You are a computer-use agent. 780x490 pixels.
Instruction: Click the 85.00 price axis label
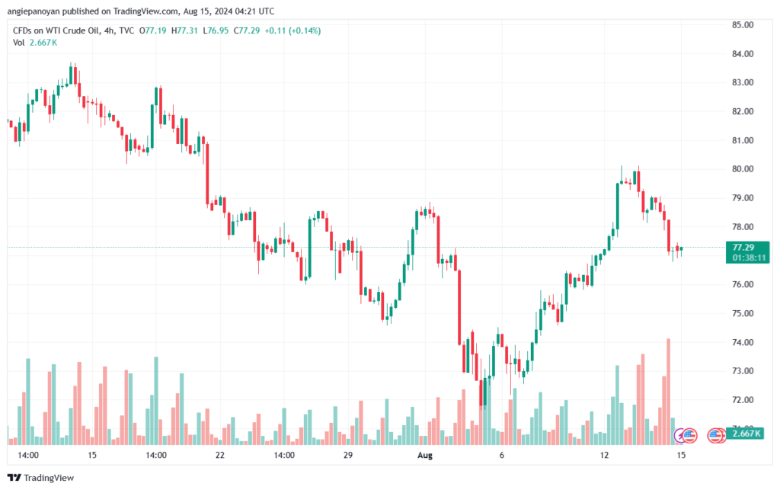tap(742, 25)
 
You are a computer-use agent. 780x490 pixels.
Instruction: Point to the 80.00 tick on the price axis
tap(742, 169)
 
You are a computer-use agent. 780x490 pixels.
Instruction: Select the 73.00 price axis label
tap(742, 371)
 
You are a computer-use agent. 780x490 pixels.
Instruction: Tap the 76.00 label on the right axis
tap(742, 284)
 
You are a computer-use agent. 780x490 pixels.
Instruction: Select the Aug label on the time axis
tap(425, 455)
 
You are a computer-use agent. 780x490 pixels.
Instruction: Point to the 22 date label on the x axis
tap(220, 455)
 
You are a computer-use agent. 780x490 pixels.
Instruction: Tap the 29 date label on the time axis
tap(347, 455)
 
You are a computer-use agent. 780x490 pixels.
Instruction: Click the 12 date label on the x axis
tap(604, 455)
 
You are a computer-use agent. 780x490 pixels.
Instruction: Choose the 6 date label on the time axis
tap(501, 455)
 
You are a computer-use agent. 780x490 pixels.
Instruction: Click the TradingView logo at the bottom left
tap(41, 478)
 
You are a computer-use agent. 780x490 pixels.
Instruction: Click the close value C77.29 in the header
tap(247, 30)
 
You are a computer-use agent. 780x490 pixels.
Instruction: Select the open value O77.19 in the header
tap(152, 30)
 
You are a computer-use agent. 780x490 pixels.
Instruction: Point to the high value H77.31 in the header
tap(184, 30)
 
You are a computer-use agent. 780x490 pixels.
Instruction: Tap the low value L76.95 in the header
tap(216, 30)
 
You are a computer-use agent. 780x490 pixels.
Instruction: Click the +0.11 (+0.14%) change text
tap(292, 30)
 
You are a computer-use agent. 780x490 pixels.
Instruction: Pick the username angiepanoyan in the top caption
tap(33, 11)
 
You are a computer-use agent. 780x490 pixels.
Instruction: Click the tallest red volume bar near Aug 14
tap(669, 392)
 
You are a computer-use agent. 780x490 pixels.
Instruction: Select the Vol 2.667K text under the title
tap(35, 43)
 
